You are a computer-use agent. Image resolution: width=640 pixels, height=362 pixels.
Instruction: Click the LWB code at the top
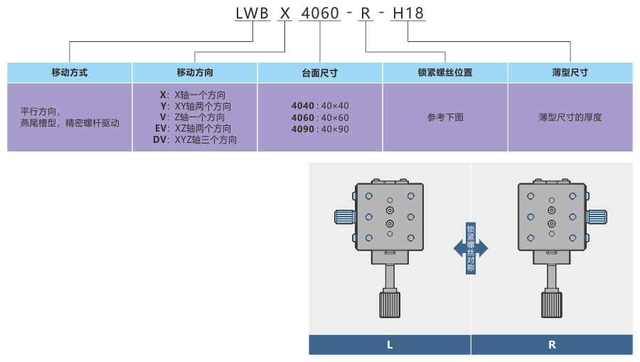point(253,13)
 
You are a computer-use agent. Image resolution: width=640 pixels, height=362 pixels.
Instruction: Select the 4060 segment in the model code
point(320,13)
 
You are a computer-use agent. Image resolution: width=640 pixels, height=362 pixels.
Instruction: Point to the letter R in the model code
point(365,13)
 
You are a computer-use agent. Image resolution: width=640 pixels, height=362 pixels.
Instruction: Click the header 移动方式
point(70,73)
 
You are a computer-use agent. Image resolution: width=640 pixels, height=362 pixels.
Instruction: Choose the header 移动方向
point(195,73)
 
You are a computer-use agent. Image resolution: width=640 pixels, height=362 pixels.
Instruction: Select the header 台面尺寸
point(320,73)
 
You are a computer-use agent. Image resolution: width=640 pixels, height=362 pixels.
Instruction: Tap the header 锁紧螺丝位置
point(445,73)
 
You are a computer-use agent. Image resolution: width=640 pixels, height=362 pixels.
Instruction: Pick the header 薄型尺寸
point(570,73)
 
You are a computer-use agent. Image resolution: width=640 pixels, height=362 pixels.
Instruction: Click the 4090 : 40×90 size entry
point(320,129)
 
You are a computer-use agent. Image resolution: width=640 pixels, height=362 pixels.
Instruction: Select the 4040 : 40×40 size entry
point(320,105)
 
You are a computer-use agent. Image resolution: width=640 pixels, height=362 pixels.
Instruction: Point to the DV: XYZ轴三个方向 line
point(195,140)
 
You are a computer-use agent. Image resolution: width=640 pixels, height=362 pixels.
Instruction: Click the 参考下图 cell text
point(445,117)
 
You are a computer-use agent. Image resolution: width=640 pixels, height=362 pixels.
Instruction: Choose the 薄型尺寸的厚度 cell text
point(570,117)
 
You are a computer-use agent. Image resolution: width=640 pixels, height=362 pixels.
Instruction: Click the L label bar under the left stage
point(390,345)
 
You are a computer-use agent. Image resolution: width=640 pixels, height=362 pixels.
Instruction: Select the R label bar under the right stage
point(552,345)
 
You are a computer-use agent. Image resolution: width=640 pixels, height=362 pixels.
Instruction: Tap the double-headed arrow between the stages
point(471,248)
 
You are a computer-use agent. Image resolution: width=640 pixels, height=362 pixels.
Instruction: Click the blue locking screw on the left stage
point(344,218)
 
